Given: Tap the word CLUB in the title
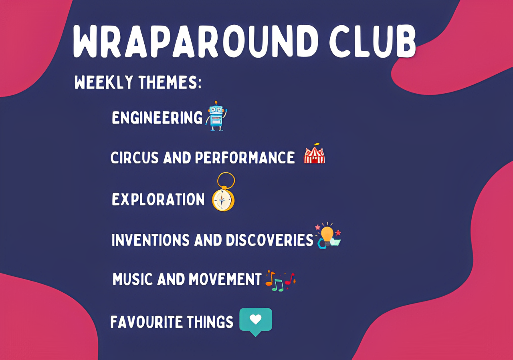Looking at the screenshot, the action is click(x=373, y=41).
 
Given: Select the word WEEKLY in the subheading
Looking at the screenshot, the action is click(x=104, y=82).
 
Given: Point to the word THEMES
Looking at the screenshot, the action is click(x=170, y=82).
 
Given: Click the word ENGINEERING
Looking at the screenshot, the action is click(x=157, y=118).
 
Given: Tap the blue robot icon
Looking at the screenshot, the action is click(x=216, y=116).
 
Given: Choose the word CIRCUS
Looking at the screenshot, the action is click(x=134, y=157).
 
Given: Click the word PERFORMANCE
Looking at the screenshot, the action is click(x=245, y=157).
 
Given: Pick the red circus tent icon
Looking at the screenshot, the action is click(x=314, y=155).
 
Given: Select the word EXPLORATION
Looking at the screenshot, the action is click(x=158, y=199).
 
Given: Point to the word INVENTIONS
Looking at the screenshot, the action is click(x=150, y=240).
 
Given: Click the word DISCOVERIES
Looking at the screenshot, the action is click(x=270, y=240).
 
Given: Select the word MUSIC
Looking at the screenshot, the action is click(x=132, y=279).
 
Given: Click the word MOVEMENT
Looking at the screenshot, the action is click(x=225, y=279).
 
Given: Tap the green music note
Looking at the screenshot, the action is click(x=278, y=286).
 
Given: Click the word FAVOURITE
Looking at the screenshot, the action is click(x=146, y=322).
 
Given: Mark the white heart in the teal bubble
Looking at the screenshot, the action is click(x=256, y=319).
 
